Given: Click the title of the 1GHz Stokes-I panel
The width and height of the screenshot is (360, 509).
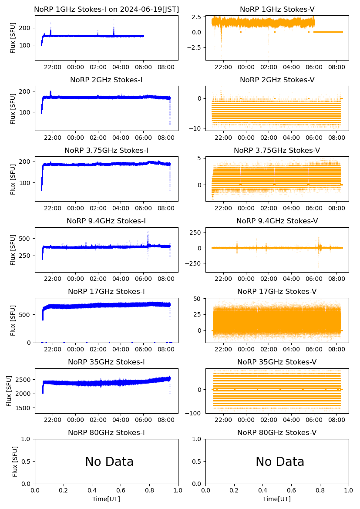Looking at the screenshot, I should tap(106, 9).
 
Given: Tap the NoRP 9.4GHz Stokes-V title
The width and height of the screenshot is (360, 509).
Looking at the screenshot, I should tap(277, 221).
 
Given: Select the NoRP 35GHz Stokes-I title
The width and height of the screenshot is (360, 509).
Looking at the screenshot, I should tap(106, 362).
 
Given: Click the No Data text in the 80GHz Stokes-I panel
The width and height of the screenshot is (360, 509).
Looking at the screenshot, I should tap(109, 462).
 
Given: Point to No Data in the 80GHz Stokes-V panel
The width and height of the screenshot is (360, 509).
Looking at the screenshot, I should tap(280, 462).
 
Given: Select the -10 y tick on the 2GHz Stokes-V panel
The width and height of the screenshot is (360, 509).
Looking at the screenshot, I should tap(195, 128).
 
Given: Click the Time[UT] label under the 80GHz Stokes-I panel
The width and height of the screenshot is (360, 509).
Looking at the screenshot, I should tap(106, 499).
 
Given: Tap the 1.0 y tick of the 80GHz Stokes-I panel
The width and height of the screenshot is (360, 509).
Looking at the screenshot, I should tap(27, 439).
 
